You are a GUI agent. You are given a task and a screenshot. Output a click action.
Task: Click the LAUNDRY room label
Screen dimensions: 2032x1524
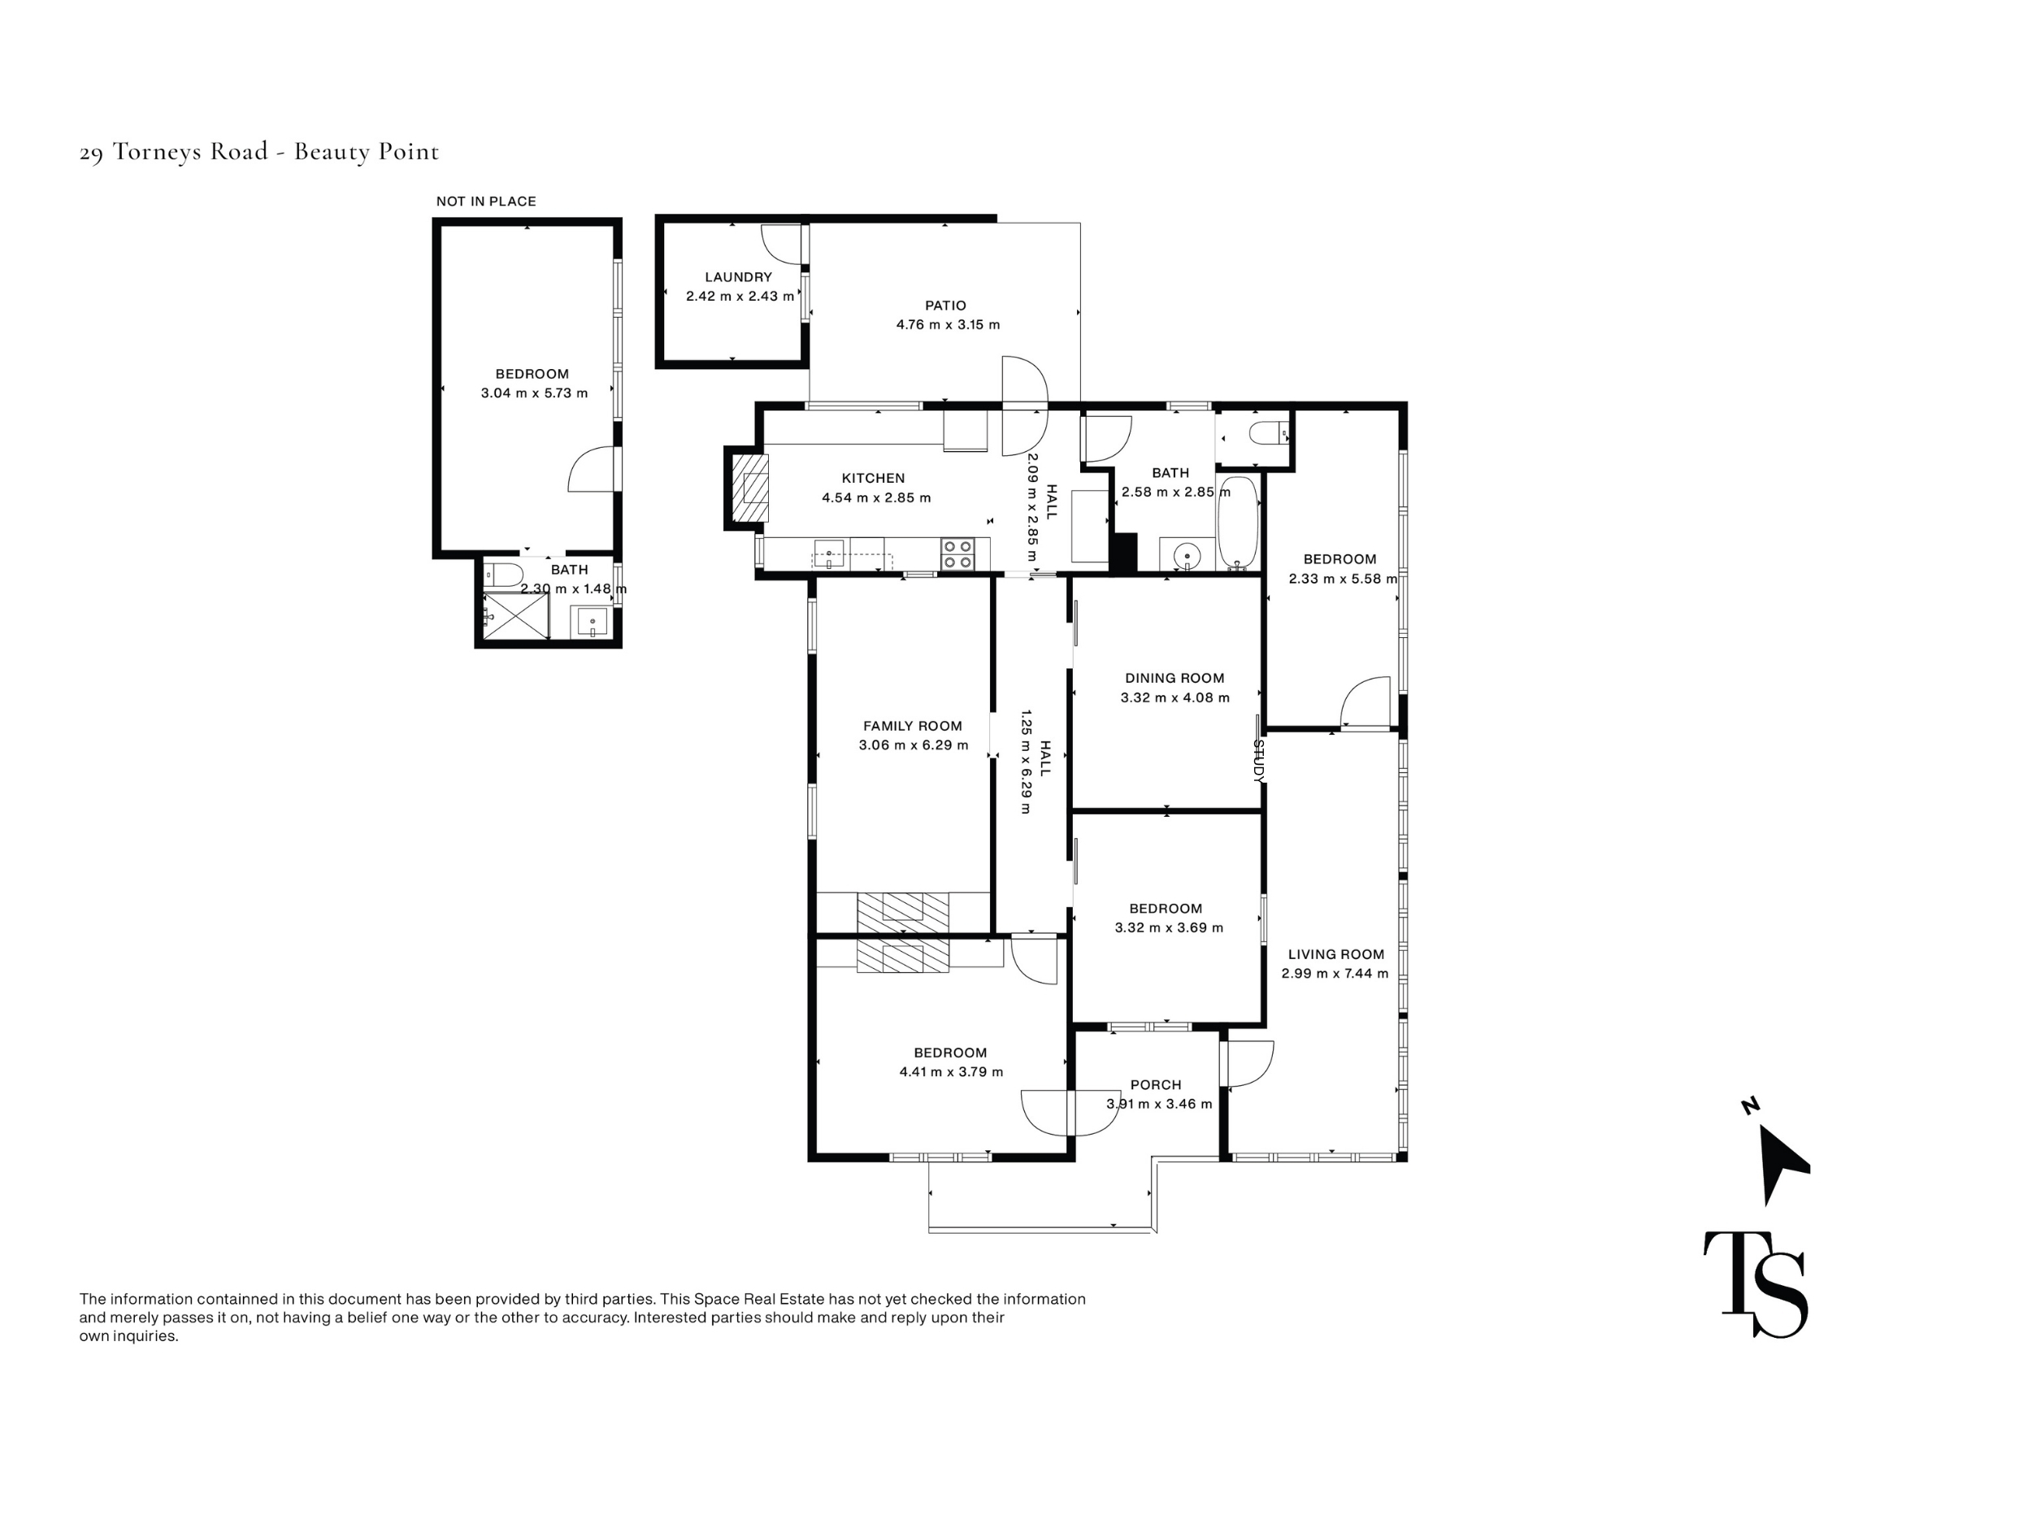[x=738, y=276]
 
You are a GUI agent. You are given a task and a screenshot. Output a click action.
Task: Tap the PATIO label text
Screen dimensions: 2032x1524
[x=945, y=305]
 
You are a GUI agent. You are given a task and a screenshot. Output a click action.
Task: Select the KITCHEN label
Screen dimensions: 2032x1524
[x=873, y=478]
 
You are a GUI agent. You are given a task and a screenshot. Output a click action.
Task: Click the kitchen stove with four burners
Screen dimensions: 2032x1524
[x=957, y=554]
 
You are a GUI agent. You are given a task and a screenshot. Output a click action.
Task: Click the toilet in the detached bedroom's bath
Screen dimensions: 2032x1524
[x=502, y=574]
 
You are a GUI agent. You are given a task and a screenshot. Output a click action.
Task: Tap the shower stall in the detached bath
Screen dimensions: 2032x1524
[x=515, y=614]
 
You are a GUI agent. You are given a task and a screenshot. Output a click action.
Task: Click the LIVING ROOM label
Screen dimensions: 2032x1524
[x=1335, y=954]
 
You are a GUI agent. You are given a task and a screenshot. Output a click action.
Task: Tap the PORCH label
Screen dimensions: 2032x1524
[x=1156, y=1085]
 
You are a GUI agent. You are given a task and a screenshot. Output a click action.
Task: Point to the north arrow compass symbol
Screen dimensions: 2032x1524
[x=1780, y=1159]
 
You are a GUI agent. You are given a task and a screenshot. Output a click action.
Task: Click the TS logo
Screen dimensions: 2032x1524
[x=1756, y=1284]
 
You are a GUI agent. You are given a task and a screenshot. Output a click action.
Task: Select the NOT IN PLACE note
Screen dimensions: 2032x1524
[x=486, y=202]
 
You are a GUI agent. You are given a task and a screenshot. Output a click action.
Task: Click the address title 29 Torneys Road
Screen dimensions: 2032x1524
[x=174, y=151]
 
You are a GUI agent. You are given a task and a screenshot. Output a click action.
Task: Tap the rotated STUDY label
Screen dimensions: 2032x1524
[x=1258, y=762]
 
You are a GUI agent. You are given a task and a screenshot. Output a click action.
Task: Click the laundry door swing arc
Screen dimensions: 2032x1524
[x=781, y=244]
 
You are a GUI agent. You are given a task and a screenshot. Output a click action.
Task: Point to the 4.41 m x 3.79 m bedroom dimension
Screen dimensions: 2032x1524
[x=951, y=1072]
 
